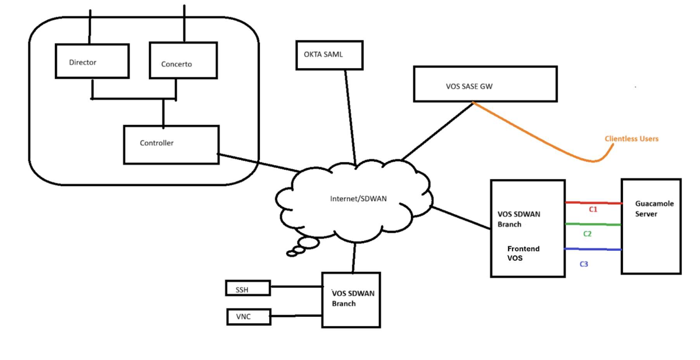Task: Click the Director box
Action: (x=92, y=61)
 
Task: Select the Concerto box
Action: (x=183, y=61)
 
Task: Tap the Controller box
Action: (x=171, y=145)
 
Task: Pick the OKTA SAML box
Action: (x=329, y=55)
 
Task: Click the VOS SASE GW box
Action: (x=485, y=85)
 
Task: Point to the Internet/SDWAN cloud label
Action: (x=358, y=198)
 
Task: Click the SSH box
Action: (x=248, y=288)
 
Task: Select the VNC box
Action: (x=249, y=317)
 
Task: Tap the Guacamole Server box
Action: (x=652, y=226)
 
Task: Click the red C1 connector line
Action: (x=594, y=203)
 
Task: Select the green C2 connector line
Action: (x=593, y=224)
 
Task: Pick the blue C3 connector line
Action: (x=593, y=249)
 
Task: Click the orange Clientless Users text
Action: (x=631, y=139)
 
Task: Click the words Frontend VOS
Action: (x=523, y=253)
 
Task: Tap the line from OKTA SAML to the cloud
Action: (x=350, y=117)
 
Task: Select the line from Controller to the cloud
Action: (x=259, y=163)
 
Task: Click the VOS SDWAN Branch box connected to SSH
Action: (x=351, y=300)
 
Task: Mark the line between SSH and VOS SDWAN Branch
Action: (x=297, y=287)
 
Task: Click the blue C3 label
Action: (x=583, y=264)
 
